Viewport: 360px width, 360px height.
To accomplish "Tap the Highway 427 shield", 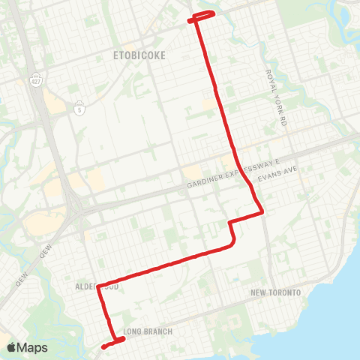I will click(x=36, y=78).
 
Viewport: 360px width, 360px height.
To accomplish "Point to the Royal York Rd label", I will click(x=276, y=98).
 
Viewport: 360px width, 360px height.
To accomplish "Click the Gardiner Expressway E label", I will click(x=233, y=173).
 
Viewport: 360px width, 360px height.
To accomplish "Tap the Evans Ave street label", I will click(x=277, y=174).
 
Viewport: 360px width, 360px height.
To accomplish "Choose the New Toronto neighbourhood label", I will click(x=275, y=292).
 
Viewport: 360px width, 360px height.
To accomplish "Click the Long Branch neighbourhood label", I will click(x=148, y=331).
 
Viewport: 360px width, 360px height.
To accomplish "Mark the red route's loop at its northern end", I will click(x=204, y=16).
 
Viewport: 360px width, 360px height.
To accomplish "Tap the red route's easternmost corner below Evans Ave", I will click(x=263, y=213).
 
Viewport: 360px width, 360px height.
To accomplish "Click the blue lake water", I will click(x=330, y=315).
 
